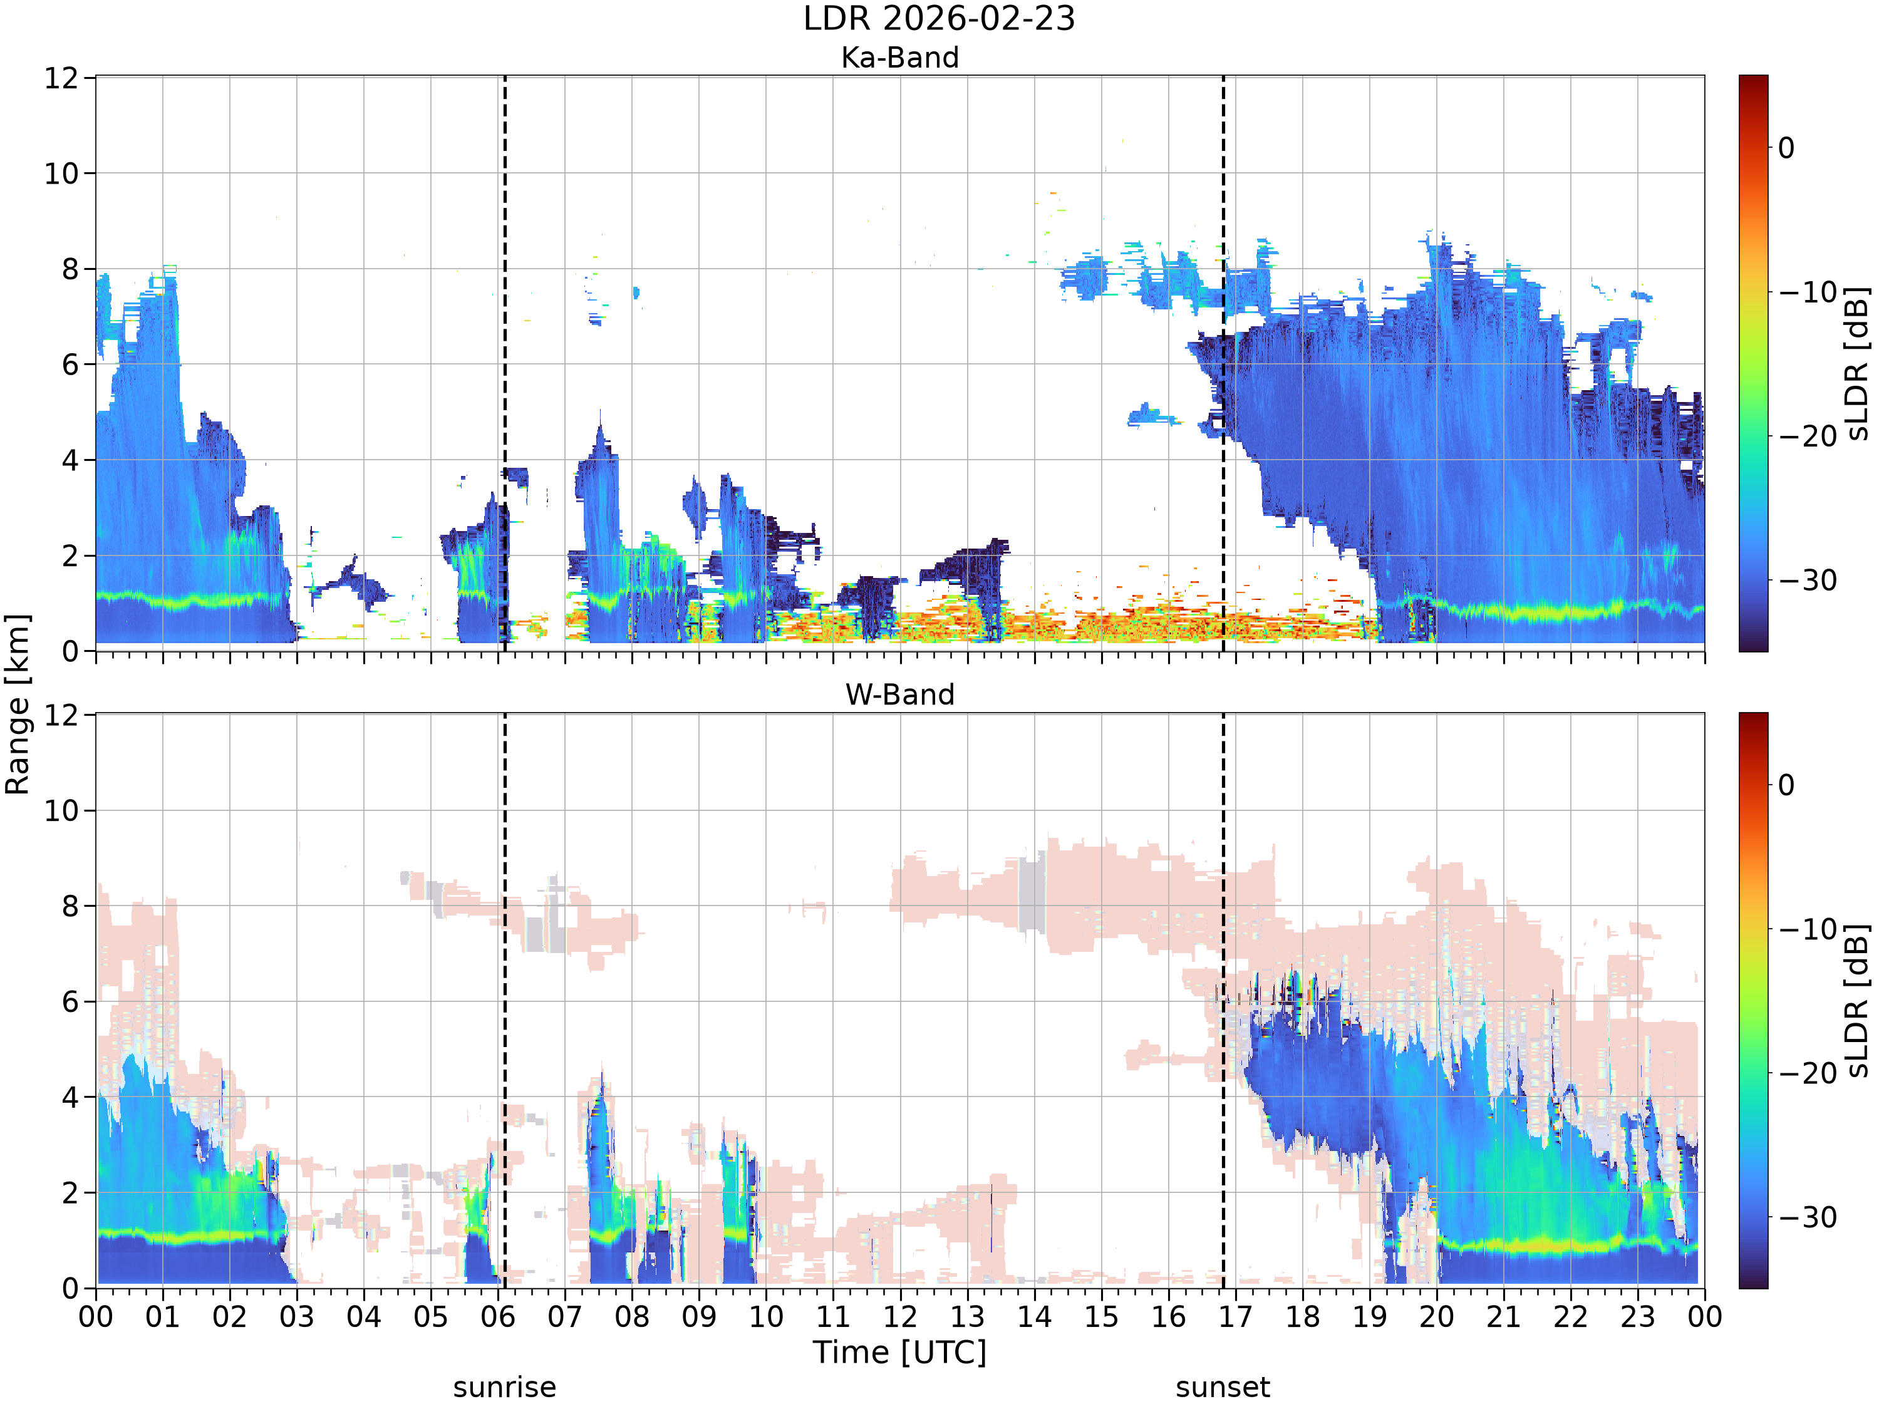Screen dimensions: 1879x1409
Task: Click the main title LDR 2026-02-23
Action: coord(939,19)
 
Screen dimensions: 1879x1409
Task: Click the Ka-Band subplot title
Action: coord(899,58)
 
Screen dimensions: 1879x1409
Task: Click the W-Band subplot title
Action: coord(899,694)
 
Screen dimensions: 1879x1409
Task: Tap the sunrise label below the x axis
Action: coord(505,1387)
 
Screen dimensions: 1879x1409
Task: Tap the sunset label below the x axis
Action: coord(1223,1387)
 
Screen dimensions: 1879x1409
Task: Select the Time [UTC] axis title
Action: coord(899,1351)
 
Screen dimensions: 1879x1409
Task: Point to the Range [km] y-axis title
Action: coord(17,704)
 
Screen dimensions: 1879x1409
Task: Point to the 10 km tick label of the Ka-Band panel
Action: coord(61,174)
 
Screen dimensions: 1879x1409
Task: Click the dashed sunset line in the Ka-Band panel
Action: coord(1223,363)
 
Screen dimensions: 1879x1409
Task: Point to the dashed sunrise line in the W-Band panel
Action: coord(505,1001)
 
